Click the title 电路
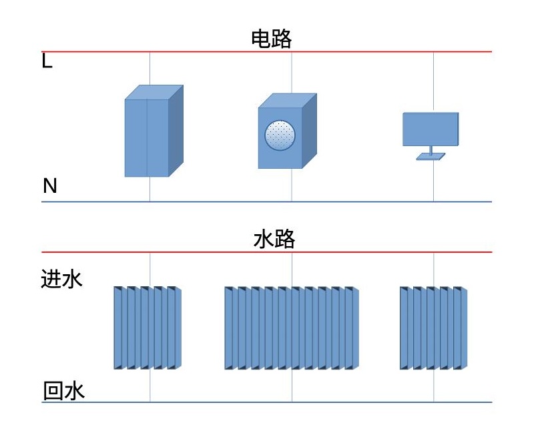pos(271,39)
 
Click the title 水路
pos(274,240)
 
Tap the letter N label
pos(50,186)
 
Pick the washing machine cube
pos(280,137)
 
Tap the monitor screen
pos(431,129)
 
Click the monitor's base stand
pos(431,156)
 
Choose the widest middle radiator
pos(292,328)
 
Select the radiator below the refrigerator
pos(148,328)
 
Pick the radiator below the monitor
pos(434,328)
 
